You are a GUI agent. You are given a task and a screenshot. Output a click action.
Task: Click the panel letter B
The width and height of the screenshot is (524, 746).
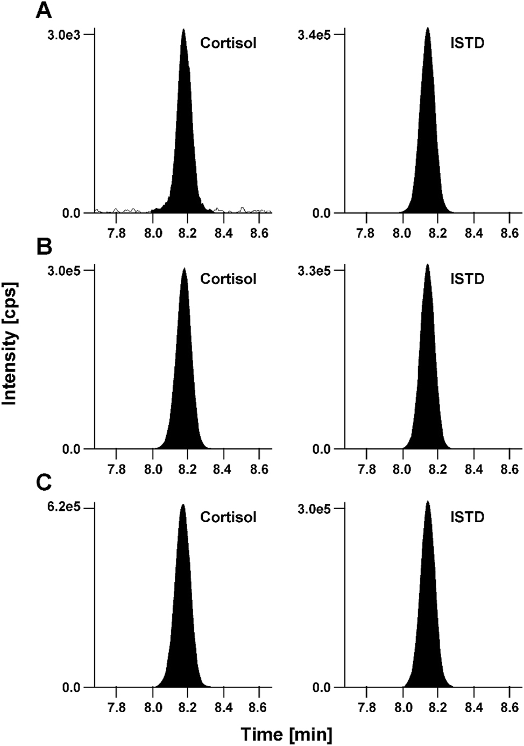(x=44, y=247)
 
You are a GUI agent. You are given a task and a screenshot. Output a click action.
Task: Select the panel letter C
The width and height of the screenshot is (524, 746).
(x=44, y=483)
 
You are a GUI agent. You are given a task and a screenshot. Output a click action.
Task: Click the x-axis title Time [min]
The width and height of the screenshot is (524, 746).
(x=286, y=734)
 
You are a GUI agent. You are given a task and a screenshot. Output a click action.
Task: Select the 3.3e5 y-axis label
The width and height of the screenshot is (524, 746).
(x=314, y=270)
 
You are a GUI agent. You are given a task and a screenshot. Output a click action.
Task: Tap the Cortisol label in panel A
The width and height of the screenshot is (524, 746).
(x=228, y=43)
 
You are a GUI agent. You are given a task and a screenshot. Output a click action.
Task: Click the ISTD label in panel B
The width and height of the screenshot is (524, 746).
(x=467, y=279)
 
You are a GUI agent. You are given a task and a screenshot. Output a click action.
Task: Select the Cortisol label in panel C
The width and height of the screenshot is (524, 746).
(x=228, y=517)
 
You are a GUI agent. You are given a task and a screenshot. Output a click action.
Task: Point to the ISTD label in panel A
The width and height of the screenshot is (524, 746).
(x=467, y=43)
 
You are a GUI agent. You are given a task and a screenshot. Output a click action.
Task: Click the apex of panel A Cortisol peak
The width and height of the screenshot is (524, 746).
(x=183, y=30)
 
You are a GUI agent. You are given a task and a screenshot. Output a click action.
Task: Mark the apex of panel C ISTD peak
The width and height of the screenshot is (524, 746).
(x=428, y=502)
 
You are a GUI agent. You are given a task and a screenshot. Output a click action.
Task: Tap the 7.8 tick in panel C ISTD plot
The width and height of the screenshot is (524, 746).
(x=366, y=707)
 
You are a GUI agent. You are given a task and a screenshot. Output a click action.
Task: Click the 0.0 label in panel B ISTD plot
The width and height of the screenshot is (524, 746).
(x=322, y=449)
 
